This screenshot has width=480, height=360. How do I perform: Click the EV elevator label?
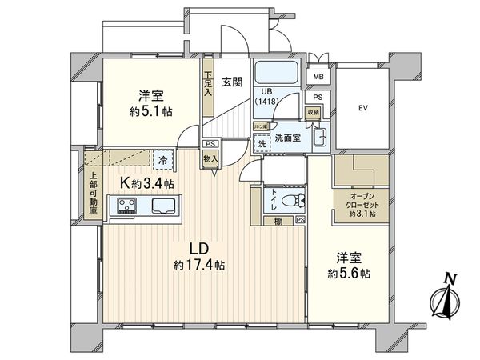(362, 107)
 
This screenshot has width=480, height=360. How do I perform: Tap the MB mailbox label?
(318, 78)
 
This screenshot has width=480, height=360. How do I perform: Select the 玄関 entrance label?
(232, 81)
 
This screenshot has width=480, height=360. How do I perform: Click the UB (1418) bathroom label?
(269, 98)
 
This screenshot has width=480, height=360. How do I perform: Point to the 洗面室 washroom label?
(286, 138)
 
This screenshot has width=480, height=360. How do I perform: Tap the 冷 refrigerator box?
(163, 159)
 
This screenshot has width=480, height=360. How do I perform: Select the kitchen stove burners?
(130, 208)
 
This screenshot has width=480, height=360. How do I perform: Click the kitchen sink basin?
(161, 208)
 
